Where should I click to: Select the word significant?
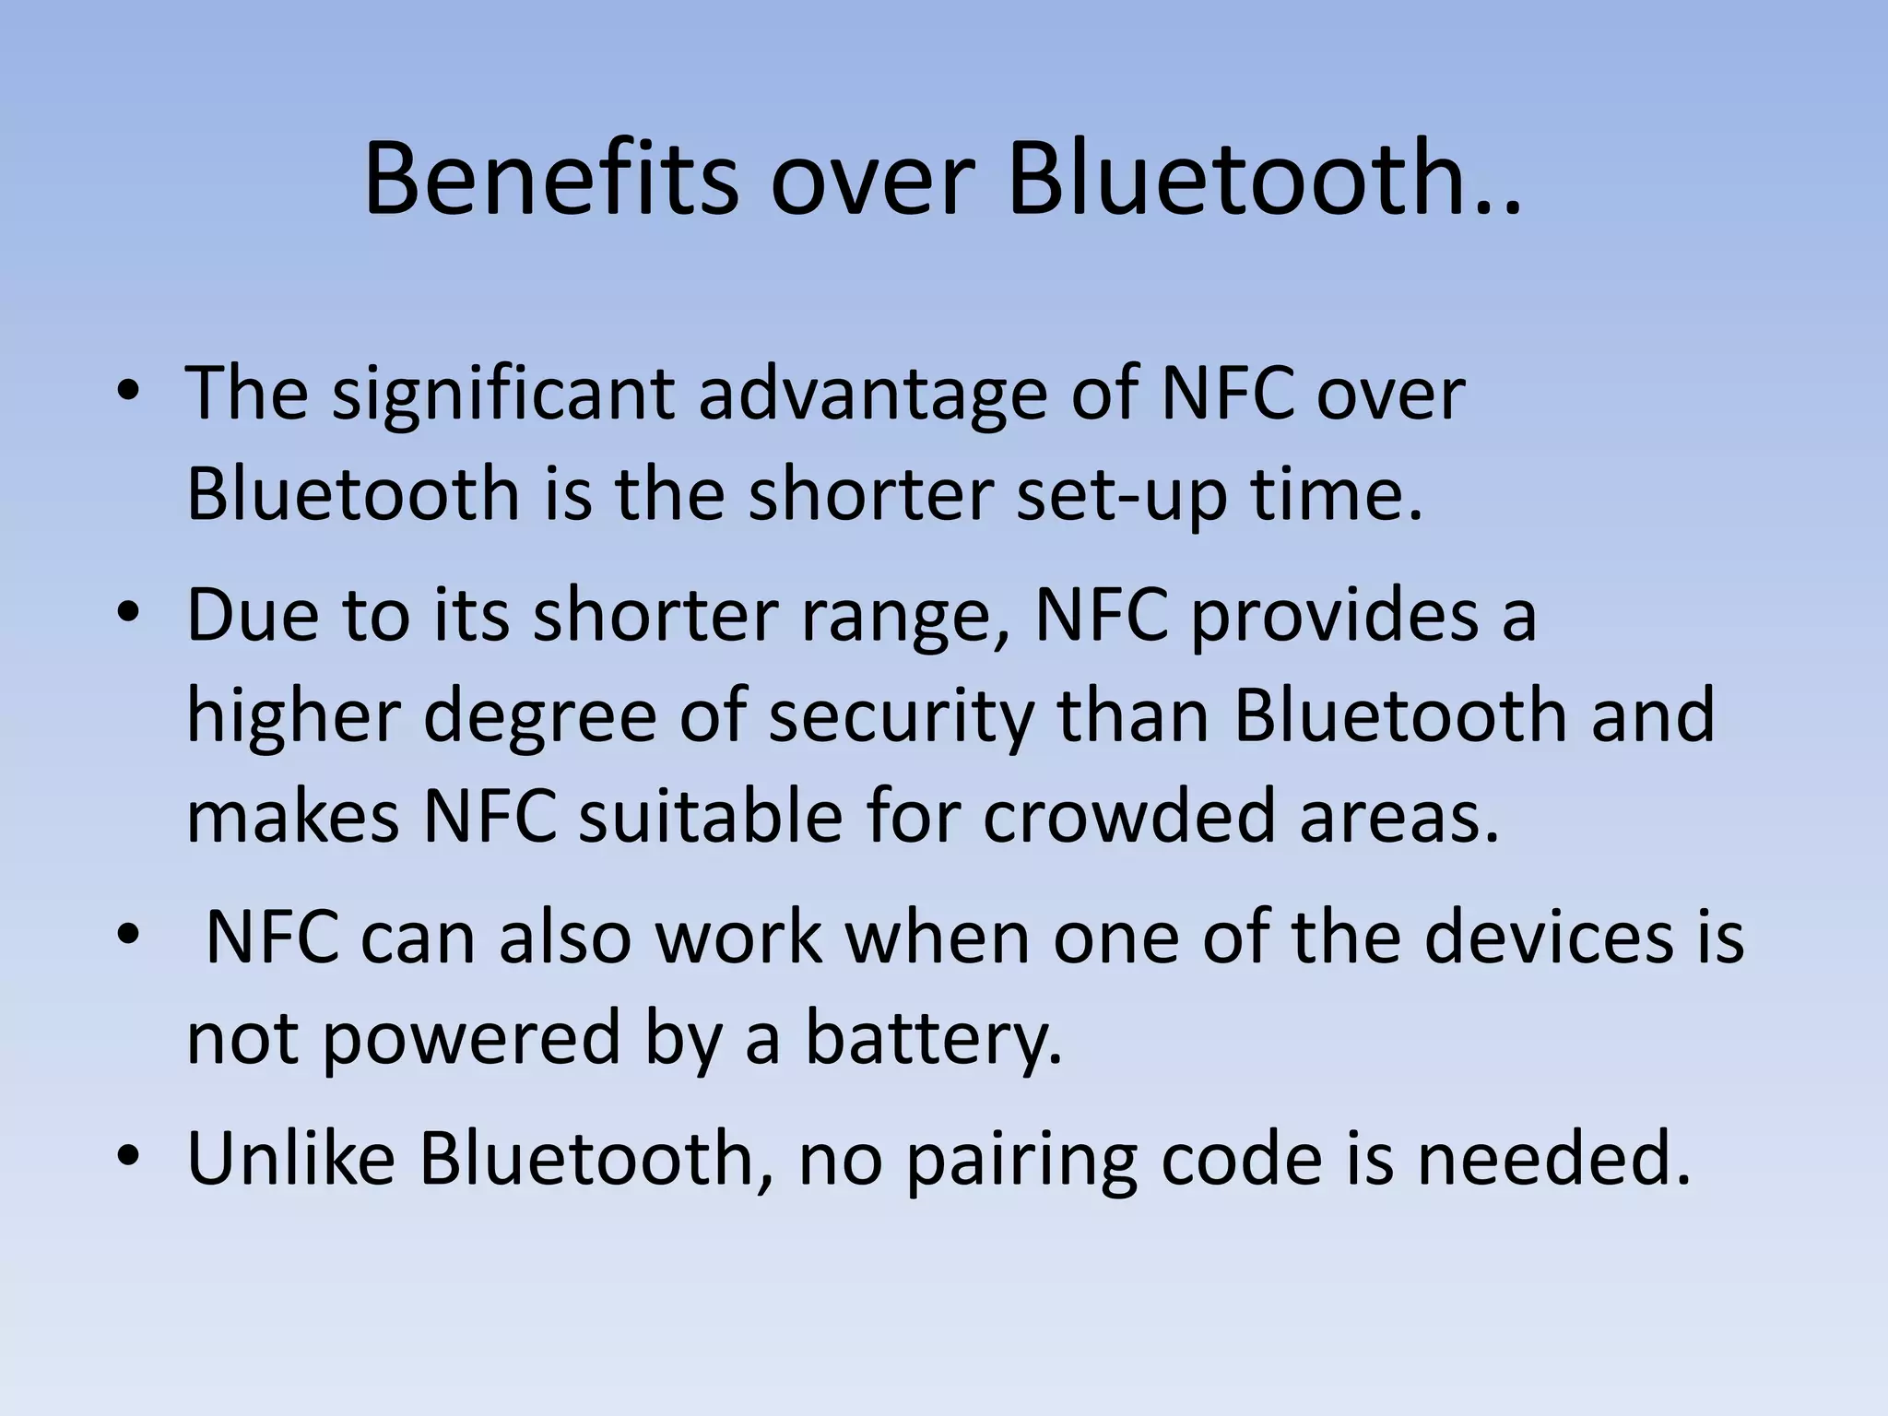tap(503, 395)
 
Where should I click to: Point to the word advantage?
tap(872, 395)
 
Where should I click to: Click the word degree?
tap(539, 718)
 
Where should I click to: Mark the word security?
tap(901, 718)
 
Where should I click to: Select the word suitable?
tap(710, 817)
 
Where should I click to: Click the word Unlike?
tap(290, 1158)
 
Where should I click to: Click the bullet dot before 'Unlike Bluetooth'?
tap(128, 1156)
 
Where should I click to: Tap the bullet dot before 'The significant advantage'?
tap(128, 392)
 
